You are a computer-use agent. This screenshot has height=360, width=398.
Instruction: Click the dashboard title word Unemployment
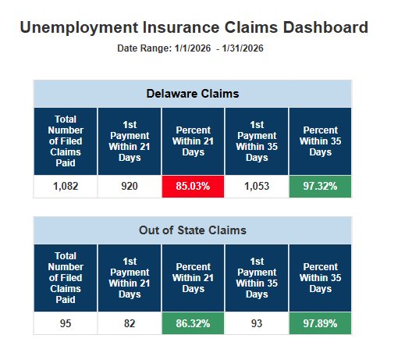point(75,28)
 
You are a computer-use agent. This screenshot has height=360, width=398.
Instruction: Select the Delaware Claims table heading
point(193,94)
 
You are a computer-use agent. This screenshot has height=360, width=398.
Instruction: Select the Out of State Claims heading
point(193,230)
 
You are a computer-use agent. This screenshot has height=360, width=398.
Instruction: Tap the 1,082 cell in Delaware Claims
point(66,187)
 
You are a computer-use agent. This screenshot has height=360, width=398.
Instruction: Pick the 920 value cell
point(129,187)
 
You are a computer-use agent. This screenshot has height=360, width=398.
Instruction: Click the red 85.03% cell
point(193,187)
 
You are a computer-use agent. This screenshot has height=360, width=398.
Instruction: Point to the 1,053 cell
point(256,187)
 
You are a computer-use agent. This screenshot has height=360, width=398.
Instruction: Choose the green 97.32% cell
point(320,187)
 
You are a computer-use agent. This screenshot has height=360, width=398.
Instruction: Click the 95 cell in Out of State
point(66,323)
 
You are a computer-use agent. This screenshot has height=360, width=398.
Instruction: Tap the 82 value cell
point(129,323)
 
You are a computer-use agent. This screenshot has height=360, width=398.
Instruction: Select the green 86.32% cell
point(193,323)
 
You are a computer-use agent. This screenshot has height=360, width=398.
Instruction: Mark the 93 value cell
point(256,323)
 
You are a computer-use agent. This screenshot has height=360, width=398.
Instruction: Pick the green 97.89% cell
point(320,323)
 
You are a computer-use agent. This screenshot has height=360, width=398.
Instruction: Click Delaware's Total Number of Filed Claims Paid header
point(66,141)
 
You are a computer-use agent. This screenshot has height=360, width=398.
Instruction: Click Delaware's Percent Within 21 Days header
point(193,141)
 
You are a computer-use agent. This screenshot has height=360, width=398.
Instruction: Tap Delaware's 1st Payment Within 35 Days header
point(256,141)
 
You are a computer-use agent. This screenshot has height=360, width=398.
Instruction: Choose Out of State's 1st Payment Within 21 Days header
point(129,278)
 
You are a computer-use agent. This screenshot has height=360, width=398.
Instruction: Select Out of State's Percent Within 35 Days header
point(320,278)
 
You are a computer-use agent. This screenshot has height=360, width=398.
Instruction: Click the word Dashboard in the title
point(322,28)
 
